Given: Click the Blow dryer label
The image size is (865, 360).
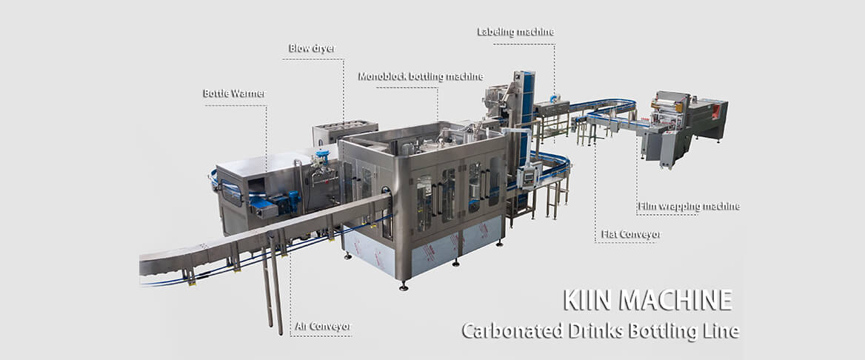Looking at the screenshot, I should point(311,50).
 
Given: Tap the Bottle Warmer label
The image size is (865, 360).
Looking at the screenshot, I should point(233,94).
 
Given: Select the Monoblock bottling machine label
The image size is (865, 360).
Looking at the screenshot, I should point(421,76).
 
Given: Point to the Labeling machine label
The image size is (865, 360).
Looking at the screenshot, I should point(515,32).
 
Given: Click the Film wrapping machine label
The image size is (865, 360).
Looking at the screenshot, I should point(689,206).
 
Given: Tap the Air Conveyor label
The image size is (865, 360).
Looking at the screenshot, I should point(322,326).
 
